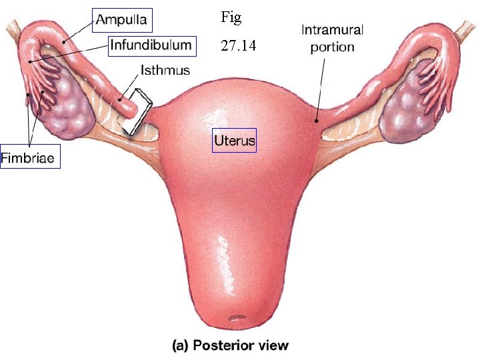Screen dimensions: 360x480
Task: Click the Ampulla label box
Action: (x=122, y=20)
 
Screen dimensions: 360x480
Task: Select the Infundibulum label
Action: (x=151, y=45)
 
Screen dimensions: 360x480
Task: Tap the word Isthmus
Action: (x=165, y=69)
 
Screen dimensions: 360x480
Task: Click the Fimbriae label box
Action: (x=30, y=158)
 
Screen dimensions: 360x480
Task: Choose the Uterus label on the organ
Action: (x=234, y=141)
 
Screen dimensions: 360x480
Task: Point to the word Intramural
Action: (x=333, y=31)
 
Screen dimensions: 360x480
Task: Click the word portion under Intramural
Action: (x=333, y=47)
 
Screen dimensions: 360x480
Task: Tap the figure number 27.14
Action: (x=238, y=47)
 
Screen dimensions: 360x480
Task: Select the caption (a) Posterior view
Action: (x=231, y=345)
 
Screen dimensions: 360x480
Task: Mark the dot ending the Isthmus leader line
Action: (x=120, y=100)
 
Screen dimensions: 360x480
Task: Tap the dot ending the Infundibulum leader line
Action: (x=31, y=61)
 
